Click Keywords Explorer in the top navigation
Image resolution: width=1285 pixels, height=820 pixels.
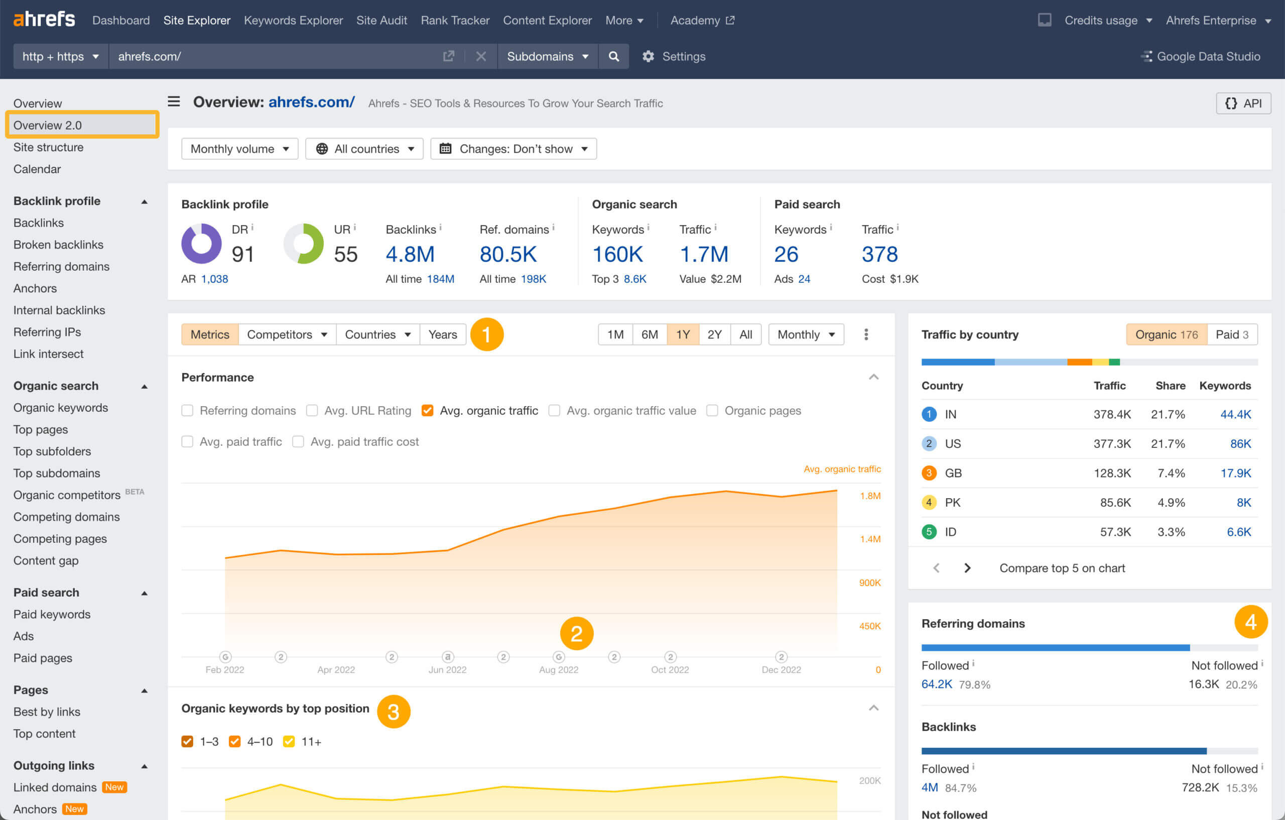click(x=293, y=20)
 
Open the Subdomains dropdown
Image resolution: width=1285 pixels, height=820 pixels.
click(x=547, y=56)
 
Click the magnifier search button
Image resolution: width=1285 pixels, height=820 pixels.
click(x=614, y=56)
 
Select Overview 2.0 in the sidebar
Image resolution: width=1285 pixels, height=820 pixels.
click(x=48, y=125)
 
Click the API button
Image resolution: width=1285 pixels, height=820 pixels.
click(x=1243, y=103)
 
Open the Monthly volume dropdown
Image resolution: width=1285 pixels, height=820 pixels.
click(x=239, y=149)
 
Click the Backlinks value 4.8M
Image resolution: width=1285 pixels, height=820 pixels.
click(x=410, y=254)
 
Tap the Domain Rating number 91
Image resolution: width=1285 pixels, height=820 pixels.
click(x=243, y=254)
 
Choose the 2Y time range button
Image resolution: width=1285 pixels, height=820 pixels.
click(x=714, y=334)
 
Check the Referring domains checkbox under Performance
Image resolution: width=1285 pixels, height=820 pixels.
click(x=187, y=411)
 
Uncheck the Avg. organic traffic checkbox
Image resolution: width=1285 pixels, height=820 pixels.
click(x=427, y=411)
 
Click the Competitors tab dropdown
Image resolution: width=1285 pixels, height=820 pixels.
click(x=287, y=334)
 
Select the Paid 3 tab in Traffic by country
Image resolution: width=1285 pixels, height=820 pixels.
click(x=1231, y=334)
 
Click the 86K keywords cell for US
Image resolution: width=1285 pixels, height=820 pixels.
click(x=1240, y=443)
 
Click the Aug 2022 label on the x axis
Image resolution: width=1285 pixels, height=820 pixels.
click(x=558, y=669)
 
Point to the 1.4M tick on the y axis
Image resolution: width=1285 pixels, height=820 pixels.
click(x=869, y=539)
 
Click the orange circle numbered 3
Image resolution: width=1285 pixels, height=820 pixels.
click(x=394, y=711)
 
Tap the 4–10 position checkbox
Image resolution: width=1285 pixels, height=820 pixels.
click(x=234, y=742)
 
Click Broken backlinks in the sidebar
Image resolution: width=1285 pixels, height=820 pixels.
click(x=58, y=245)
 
